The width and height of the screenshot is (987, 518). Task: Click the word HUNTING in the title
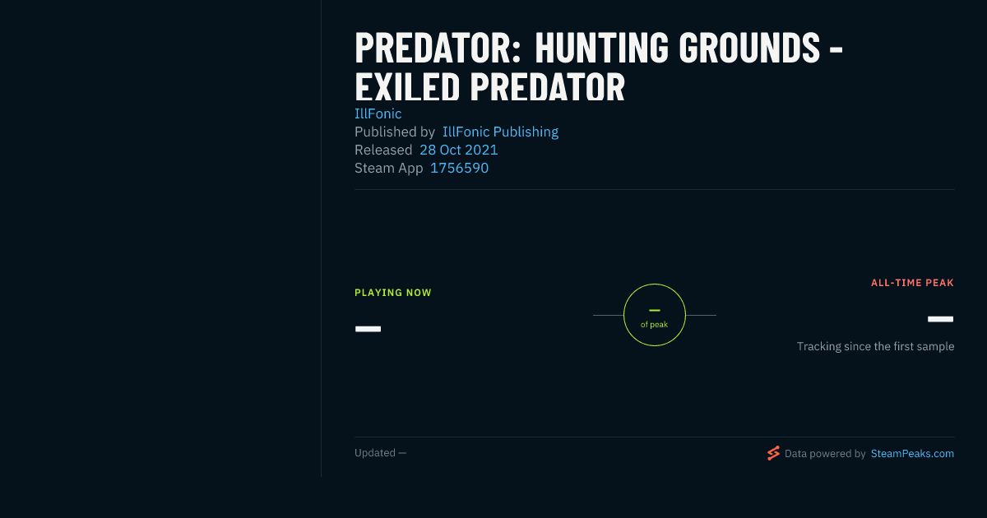[602, 48]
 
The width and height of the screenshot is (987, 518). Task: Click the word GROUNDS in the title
[749, 48]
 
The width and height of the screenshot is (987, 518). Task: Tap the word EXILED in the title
[408, 87]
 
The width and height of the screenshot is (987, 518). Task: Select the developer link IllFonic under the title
[378, 113]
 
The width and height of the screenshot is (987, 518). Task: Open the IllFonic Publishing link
[501, 132]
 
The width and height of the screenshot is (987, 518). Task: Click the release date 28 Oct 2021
[459, 150]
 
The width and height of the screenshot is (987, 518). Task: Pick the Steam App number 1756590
[459, 168]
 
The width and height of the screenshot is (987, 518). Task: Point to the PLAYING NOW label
[393, 293]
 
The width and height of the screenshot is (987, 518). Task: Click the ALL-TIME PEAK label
[912, 283]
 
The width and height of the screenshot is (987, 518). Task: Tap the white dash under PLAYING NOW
[368, 329]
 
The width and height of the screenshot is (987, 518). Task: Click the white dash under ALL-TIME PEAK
[940, 319]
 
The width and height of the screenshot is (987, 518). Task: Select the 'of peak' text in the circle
[655, 325]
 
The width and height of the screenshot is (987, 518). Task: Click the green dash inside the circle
[655, 311]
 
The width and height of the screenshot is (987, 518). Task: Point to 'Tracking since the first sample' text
[875, 347]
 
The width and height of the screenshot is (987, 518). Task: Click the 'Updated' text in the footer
[375, 453]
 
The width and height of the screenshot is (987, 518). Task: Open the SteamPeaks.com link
[912, 454]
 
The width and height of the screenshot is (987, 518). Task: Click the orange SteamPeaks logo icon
[773, 453]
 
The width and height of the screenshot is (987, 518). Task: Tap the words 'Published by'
[395, 132]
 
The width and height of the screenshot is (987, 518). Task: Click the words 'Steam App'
[388, 168]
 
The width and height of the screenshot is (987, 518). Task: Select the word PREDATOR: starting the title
[438, 48]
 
